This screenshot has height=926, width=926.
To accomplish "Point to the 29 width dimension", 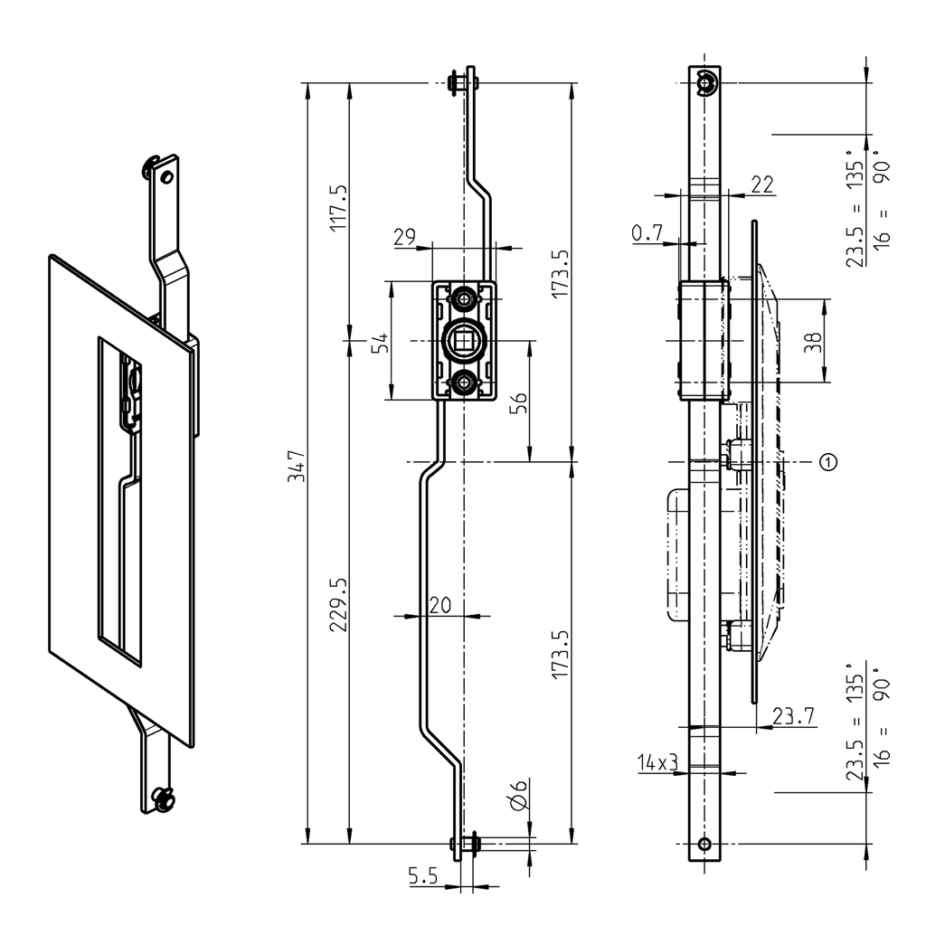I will coord(404,237).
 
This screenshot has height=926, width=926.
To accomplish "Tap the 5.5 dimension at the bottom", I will coord(423,875).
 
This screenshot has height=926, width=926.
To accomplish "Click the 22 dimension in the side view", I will coord(762,184).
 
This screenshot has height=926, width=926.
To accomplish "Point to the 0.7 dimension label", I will coord(647,233).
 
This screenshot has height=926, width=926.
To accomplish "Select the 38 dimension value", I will coord(813,341).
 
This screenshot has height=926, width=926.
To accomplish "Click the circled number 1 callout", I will coord(827,462).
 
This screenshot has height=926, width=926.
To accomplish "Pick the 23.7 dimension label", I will coord(793,716).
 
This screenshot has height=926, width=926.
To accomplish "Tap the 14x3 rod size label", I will coord(657,764).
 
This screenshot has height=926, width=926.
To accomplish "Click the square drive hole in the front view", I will coord(464,340).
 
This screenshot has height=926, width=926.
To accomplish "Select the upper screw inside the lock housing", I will coord(464,298).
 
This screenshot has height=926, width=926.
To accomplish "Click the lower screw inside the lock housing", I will coord(464,383).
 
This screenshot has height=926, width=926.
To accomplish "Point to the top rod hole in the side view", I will coord(705,84).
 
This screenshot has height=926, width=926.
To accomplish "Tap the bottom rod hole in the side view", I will coord(705,845).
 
